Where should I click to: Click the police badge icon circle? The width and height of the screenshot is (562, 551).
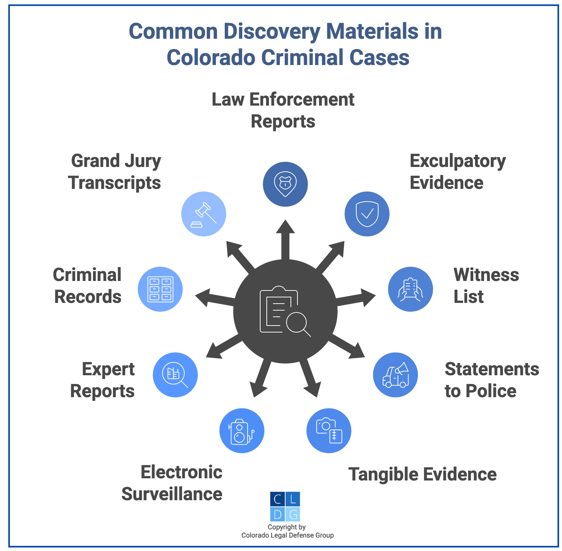pos(285,184)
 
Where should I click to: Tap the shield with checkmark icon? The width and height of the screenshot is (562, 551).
pos(367,214)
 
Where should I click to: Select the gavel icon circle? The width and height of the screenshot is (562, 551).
pos(204,214)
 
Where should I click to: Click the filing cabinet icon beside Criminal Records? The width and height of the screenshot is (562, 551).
pos(160,289)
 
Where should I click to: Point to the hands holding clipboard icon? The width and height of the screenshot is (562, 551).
pos(410,289)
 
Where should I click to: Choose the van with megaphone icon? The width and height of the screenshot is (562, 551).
pos(395,375)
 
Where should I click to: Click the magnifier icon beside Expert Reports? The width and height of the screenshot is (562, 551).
pos(175,375)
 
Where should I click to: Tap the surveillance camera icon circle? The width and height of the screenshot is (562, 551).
pos(242,430)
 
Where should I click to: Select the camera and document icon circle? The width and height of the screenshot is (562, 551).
pos(329,430)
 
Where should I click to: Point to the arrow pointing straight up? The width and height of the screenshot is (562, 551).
pos(285,237)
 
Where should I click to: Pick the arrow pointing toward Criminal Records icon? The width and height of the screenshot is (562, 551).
pos(211,298)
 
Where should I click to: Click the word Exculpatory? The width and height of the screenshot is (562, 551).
pos(457,161)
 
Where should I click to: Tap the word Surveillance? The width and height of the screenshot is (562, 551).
pos(172,494)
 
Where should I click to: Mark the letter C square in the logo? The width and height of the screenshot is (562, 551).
pos(278,499)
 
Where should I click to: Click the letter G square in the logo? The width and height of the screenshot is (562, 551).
pos(293,514)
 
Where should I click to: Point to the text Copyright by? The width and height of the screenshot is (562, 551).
pos(286,527)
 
